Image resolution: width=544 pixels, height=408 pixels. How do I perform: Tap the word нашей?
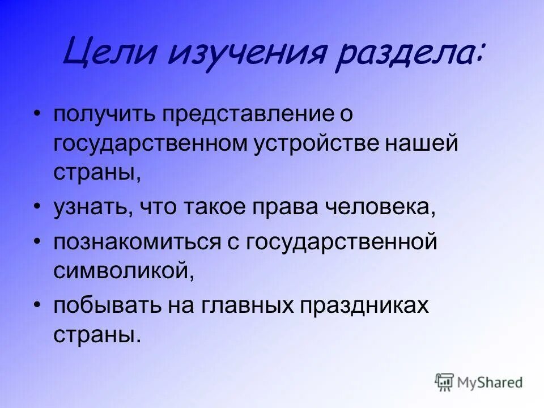[x=429, y=143]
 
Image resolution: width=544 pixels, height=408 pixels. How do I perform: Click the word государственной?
[x=342, y=243]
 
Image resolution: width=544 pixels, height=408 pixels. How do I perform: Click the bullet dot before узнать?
[x=37, y=206]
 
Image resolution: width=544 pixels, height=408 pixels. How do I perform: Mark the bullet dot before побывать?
[x=37, y=305]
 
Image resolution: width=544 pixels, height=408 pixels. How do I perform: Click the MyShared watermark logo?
[x=479, y=382]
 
